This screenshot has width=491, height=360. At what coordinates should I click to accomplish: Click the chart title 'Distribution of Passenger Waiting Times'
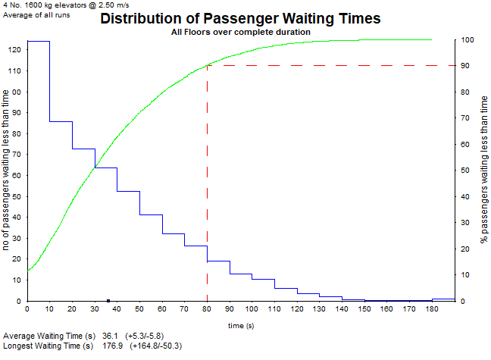pos(239,18)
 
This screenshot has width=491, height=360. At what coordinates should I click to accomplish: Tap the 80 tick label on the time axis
pos(207,308)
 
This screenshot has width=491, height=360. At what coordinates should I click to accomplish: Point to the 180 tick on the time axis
pos(432,308)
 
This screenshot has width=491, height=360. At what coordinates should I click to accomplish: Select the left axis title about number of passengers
pos(6,171)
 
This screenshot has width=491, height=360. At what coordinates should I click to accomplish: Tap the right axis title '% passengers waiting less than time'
pos(484,171)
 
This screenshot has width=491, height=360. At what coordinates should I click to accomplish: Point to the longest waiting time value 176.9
pos(112,346)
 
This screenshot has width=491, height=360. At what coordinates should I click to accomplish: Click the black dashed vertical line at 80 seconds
pos(207,189)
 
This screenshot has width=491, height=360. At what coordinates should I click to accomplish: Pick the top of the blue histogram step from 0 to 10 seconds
pos(39,42)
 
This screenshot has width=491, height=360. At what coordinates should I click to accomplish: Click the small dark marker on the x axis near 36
pos(108,301)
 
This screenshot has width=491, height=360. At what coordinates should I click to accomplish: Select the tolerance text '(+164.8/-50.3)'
pos(155,346)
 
